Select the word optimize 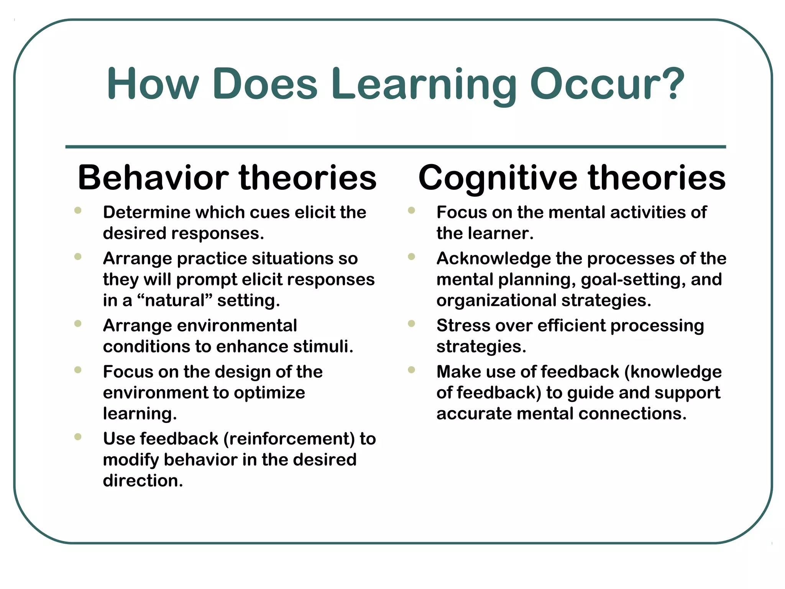point(269,393)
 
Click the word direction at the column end point(143,481)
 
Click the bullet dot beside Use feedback point(78,437)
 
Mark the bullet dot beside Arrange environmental point(78,324)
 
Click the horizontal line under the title point(396,147)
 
